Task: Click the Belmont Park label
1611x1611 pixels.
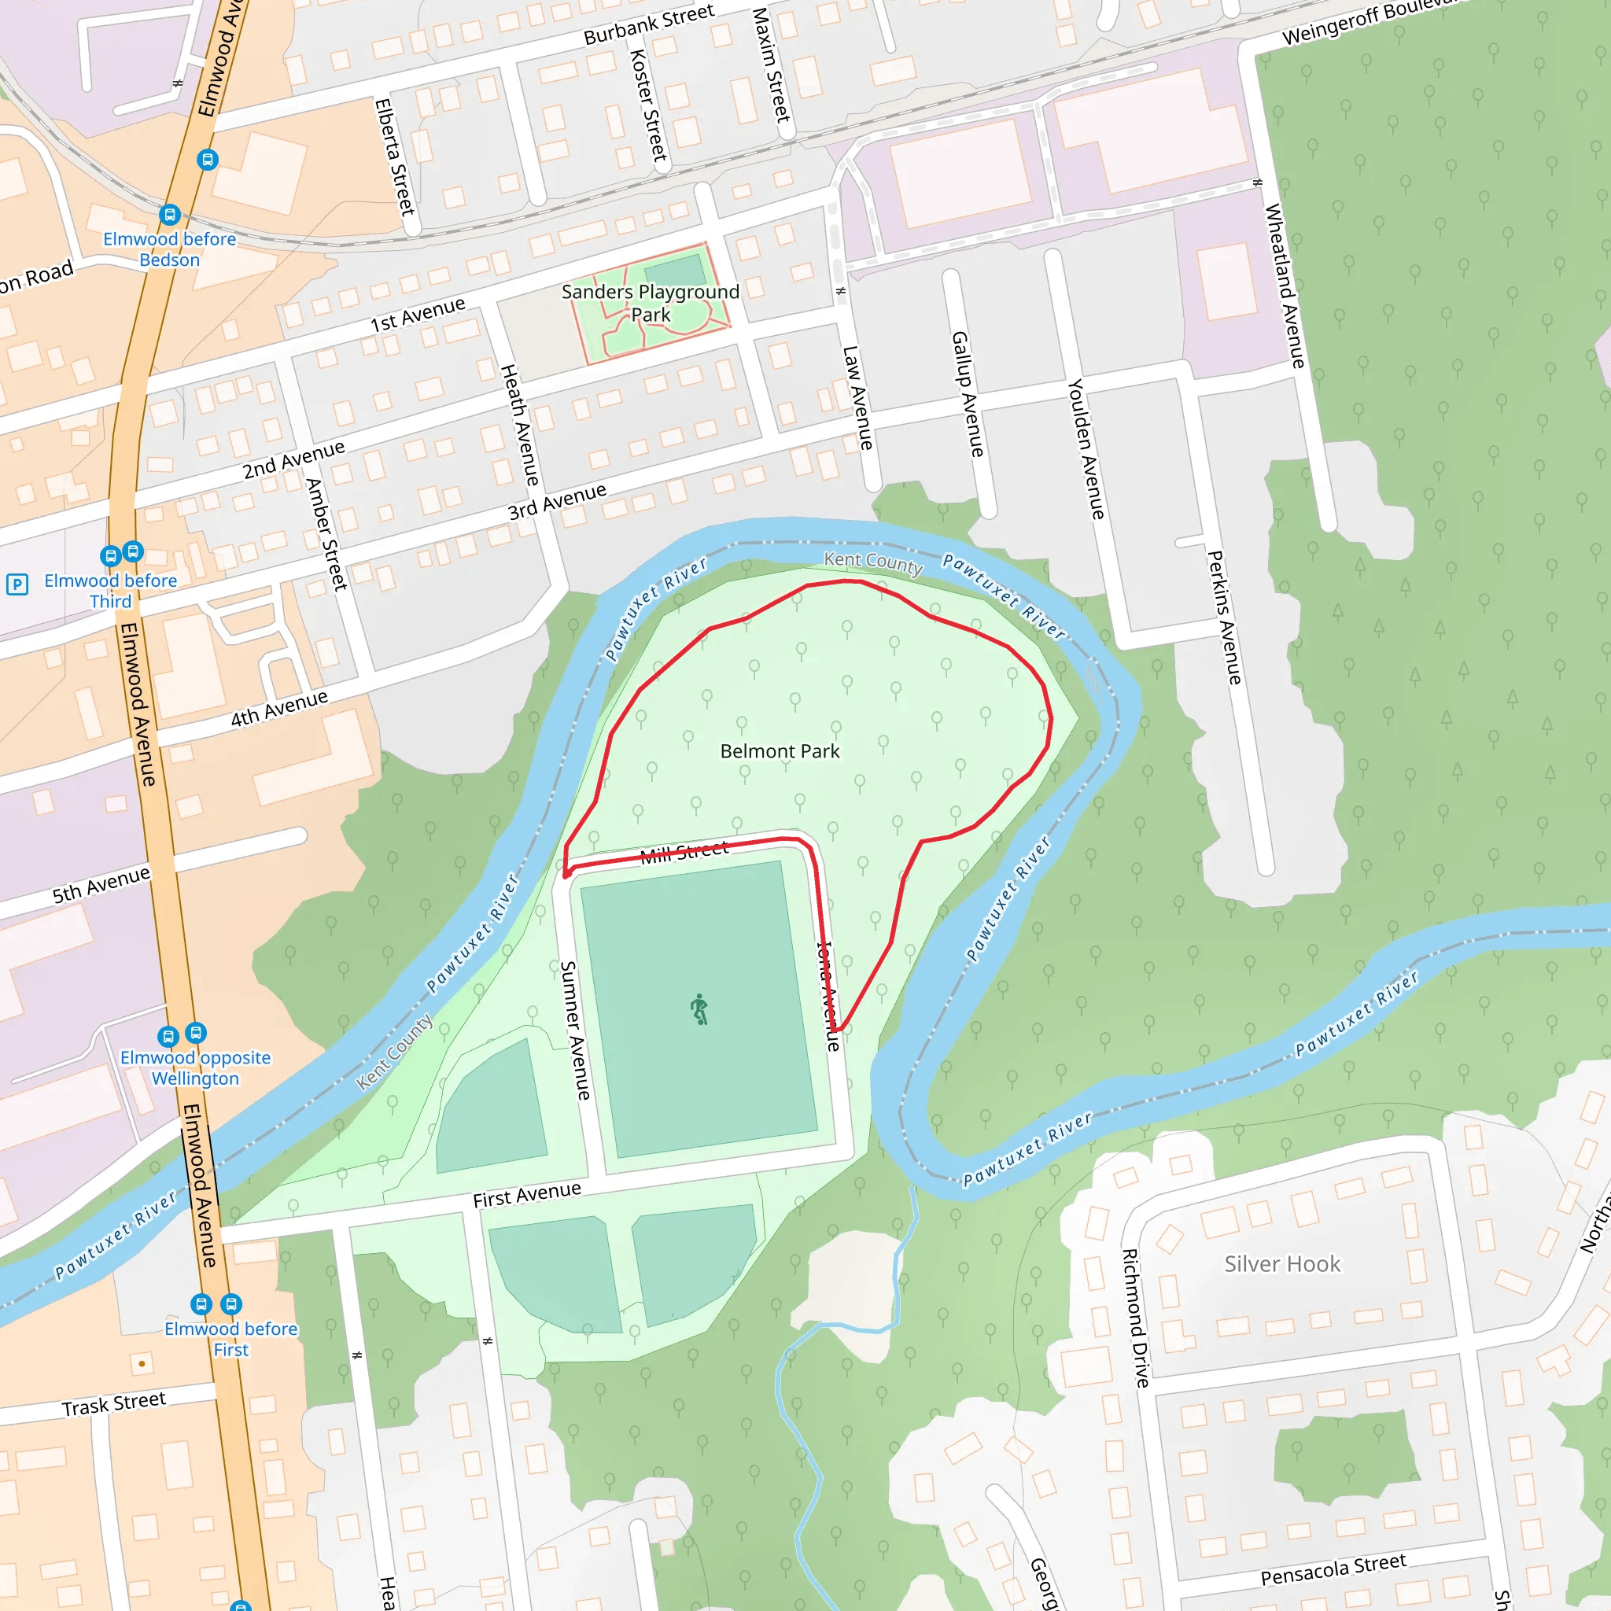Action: pyautogui.click(x=780, y=751)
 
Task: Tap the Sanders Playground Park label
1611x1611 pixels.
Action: pyautogui.click(x=651, y=303)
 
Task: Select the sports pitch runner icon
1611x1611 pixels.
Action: pyautogui.click(x=699, y=1009)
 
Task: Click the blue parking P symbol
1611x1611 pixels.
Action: pyautogui.click(x=17, y=584)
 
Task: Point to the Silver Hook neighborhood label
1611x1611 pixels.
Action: pyautogui.click(x=1281, y=1264)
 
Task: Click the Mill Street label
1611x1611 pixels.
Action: pyautogui.click(x=684, y=851)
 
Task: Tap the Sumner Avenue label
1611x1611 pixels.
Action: pyautogui.click(x=575, y=1030)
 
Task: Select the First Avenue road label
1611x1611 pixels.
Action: pyautogui.click(x=527, y=1195)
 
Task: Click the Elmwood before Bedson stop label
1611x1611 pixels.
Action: pyautogui.click(x=169, y=249)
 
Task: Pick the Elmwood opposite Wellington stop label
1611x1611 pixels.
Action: pyautogui.click(x=195, y=1067)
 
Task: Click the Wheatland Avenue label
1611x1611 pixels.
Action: pyautogui.click(x=1285, y=286)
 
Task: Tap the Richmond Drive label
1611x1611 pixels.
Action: pyautogui.click(x=1135, y=1318)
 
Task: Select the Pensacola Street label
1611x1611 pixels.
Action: pyautogui.click(x=1333, y=1569)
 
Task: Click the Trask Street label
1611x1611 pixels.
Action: pyautogui.click(x=114, y=1403)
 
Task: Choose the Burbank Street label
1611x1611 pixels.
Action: pyautogui.click(x=649, y=24)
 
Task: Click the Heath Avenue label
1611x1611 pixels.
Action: pyautogui.click(x=518, y=426)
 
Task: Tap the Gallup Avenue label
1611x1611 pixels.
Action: pyautogui.click(x=968, y=393)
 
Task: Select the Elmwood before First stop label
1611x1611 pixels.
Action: pyautogui.click(x=231, y=1338)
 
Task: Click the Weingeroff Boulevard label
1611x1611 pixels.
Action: pyautogui.click(x=1367, y=21)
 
